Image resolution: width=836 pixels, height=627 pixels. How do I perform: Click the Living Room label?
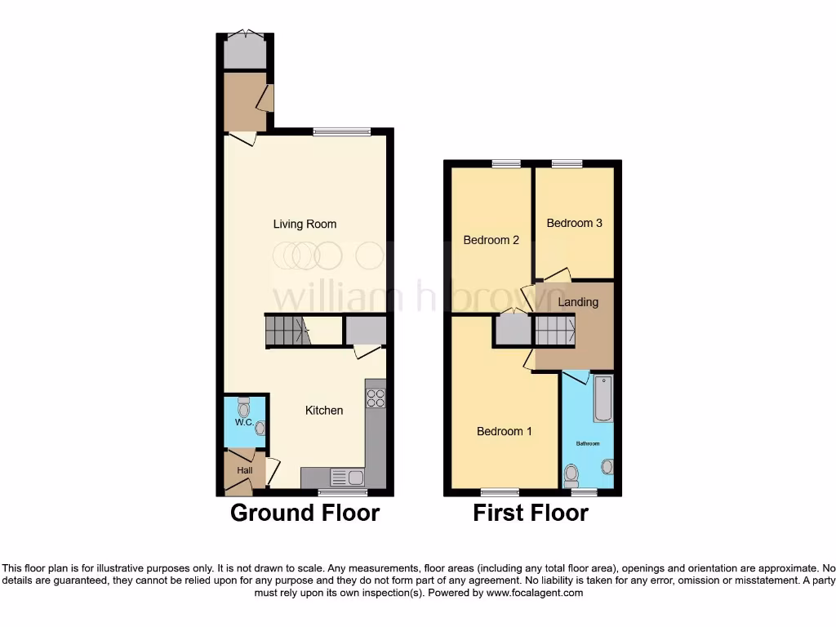pos(305,224)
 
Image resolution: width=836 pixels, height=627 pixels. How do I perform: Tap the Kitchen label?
pos(324,410)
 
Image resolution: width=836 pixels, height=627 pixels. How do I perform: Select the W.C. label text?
pos(243,422)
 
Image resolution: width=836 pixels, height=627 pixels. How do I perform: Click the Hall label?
pos(245,470)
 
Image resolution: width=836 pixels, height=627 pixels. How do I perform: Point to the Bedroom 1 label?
pos(505,430)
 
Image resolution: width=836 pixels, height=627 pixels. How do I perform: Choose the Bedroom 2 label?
pos(491,240)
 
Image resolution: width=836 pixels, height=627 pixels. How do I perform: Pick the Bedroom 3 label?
pos(575,223)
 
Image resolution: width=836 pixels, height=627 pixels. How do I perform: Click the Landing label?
pos(578,302)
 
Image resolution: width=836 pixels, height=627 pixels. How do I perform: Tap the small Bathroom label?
pos(588,443)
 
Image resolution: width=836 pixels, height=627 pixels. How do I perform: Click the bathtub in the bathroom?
pos(603,398)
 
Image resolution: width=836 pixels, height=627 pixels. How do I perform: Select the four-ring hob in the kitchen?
pos(376,398)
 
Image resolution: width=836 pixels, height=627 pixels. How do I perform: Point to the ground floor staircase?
pos(287,331)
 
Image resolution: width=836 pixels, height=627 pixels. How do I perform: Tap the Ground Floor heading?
pos(305,513)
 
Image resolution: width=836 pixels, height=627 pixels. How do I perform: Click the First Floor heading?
pos(531,513)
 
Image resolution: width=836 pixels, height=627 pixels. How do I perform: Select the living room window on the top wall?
pos(341,131)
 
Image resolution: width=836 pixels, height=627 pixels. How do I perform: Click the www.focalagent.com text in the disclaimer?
pos(534,593)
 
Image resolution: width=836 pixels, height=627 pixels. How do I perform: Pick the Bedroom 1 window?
pos(500,492)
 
